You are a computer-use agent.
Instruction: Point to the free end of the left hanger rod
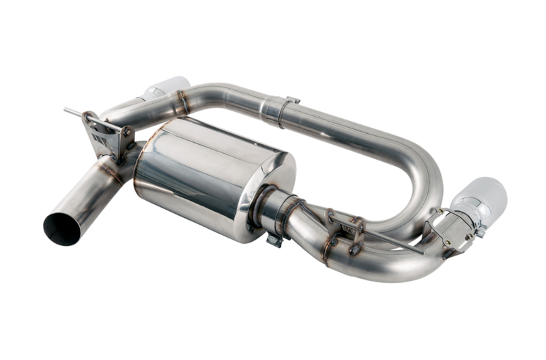(x=67, y=109)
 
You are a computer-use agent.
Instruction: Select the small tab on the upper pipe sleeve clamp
(x=292, y=101)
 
